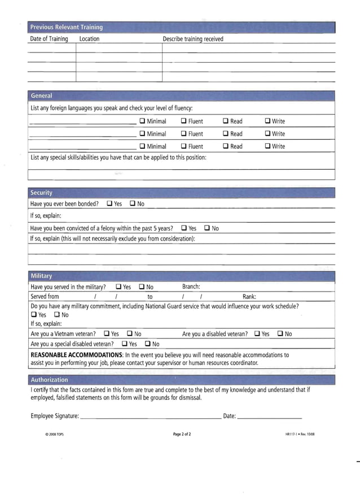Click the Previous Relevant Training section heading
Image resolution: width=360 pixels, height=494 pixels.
[x=67, y=27]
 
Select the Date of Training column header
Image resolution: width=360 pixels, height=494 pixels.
[x=49, y=39]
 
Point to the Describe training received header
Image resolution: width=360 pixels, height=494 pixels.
[x=193, y=39]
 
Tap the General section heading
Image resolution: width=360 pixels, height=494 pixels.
[x=41, y=96]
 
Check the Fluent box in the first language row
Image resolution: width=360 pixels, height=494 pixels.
[x=184, y=121]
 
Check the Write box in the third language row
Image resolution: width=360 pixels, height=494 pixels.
[x=267, y=146]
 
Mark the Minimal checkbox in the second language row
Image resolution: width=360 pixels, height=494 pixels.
[x=143, y=134]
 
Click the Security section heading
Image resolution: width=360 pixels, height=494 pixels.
[x=41, y=192]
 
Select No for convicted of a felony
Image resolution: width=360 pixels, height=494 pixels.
[x=207, y=228]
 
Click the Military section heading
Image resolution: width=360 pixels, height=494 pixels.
[x=41, y=276]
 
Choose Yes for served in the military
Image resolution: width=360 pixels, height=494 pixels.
[x=119, y=287]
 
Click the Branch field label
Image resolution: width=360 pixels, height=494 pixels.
[x=191, y=287]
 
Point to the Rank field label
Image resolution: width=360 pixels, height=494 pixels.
[x=249, y=297]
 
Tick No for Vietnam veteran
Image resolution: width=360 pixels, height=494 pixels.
[x=130, y=334]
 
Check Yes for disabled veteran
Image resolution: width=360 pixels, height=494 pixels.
[x=257, y=334]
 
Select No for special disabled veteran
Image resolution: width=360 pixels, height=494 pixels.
[x=148, y=344]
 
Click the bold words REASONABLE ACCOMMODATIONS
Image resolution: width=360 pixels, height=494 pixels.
[x=76, y=355]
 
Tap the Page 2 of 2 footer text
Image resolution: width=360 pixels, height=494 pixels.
[x=182, y=434]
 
